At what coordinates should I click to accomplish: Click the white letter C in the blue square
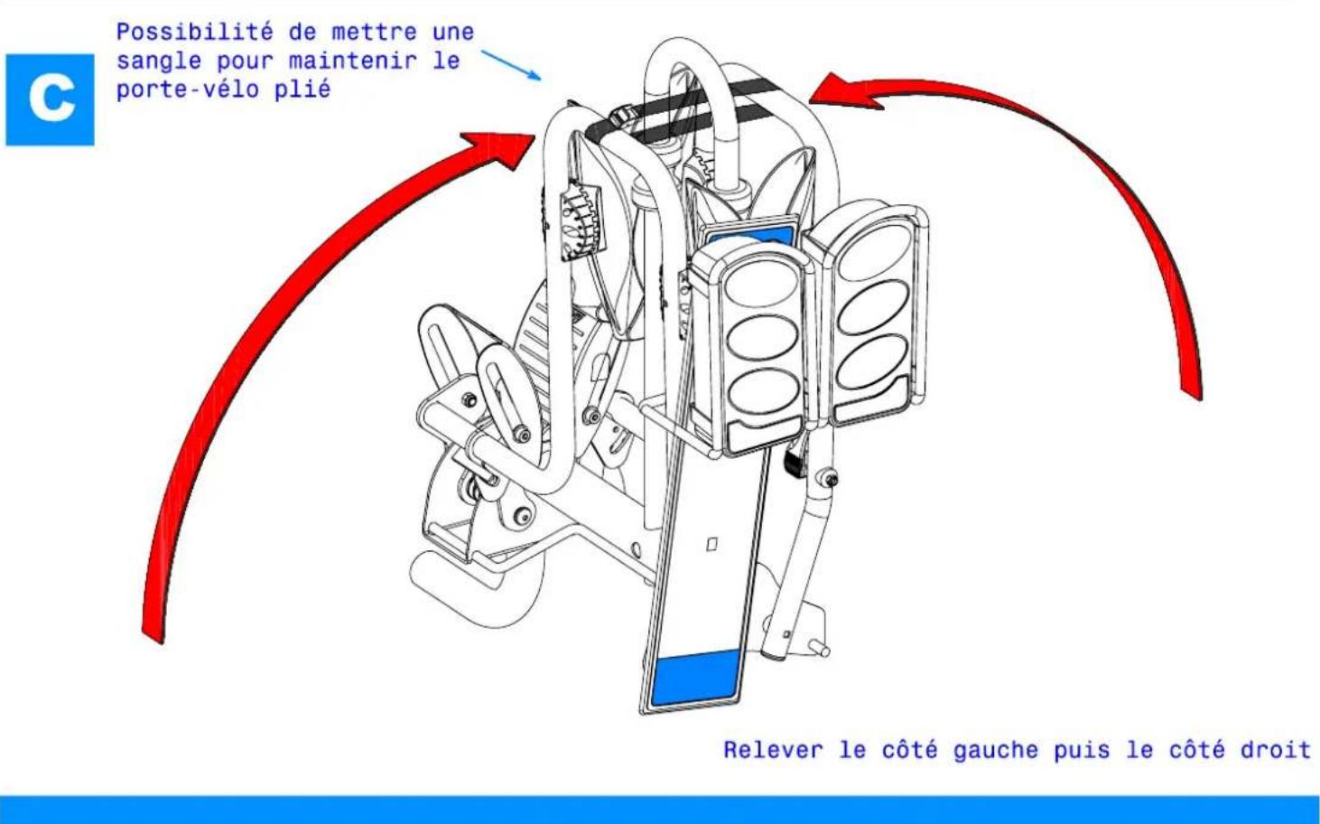coord(51,98)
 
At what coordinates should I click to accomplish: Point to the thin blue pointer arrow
coord(511,65)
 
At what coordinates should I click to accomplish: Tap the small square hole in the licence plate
coord(711,545)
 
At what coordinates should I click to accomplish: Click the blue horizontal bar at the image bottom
coord(659,809)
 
